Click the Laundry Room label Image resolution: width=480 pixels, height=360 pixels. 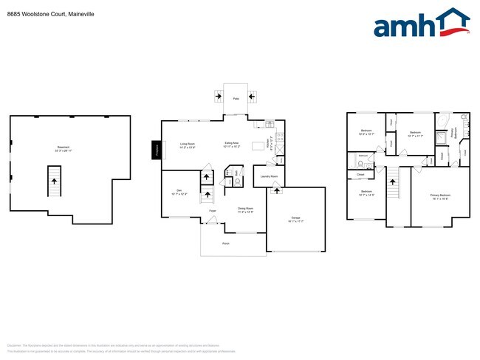(x=269, y=177)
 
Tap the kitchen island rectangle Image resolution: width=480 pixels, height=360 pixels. (x=258, y=145)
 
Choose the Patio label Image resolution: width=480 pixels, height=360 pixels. (x=236, y=98)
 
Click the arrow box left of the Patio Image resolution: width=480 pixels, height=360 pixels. (x=219, y=95)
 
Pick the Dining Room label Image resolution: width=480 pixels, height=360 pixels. (x=247, y=209)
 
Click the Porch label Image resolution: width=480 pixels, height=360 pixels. (x=225, y=243)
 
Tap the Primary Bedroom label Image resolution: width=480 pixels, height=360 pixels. (x=440, y=195)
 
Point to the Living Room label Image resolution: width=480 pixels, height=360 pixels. (x=188, y=145)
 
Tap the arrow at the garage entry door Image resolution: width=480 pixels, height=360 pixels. (x=277, y=191)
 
